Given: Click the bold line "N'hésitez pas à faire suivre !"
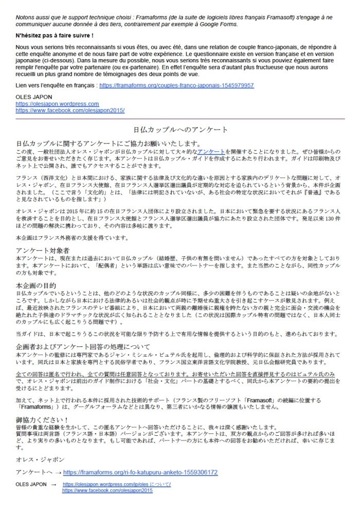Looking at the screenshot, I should click(x=54, y=35).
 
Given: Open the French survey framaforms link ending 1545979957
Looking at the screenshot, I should click(x=176, y=85).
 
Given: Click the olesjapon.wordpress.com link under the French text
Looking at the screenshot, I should click(x=57, y=104).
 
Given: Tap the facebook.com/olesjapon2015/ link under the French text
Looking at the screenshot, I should click(x=70, y=110).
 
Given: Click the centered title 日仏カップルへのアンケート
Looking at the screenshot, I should click(x=180, y=129).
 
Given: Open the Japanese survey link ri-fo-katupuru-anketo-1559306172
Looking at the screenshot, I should click(x=140, y=472).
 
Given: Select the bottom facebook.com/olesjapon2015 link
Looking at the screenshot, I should click(x=107, y=491).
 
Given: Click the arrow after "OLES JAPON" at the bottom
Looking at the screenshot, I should click(x=53, y=485).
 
